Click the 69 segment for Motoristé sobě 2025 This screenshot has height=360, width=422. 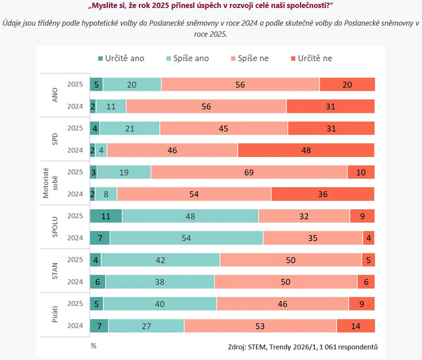click(x=249, y=172)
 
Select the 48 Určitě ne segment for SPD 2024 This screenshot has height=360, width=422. click(x=306, y=150)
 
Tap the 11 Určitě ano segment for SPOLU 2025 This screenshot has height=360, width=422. click(x=106, y=216)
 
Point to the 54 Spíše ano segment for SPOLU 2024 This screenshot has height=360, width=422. click(x=186, y=238)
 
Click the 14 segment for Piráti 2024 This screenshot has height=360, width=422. click(x=356, y=326)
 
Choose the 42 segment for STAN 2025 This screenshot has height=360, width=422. click(x=160, y=260)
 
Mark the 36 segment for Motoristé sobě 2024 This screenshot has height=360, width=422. click(x=323, y=194)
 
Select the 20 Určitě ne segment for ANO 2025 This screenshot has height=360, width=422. click(x=347, y=85)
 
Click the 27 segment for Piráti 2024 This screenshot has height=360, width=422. click(x=146, y=326)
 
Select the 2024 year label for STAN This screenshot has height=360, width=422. click(x=76, y=282)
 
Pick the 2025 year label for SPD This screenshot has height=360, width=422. click(x=76, y=128)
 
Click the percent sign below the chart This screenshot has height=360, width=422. click(x=93, y=345)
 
